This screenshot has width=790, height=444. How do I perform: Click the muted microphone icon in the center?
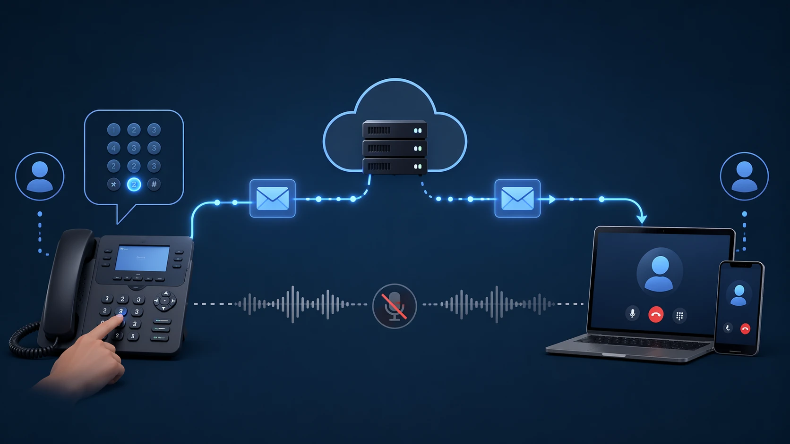point(395,306)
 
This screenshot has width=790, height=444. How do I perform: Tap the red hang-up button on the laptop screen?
point(656,314)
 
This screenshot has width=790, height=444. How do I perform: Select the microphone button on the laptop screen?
point(633,313)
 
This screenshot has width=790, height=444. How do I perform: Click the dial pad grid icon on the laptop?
point(679,316)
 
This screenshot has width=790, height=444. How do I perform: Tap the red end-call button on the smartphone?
point(745,328)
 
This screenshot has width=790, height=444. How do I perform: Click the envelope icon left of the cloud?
point(273,199)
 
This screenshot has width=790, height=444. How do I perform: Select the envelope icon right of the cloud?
point(517,199)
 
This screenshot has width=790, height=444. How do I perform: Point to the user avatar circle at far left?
point(40,176)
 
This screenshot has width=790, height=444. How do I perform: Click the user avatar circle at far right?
point(744,176)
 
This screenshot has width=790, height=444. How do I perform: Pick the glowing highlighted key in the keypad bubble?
point(134,184)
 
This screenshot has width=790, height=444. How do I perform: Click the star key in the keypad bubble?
point(113,184)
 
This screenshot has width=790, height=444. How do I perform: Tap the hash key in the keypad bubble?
point(154,184)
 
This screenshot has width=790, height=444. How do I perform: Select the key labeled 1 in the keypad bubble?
point(113,130)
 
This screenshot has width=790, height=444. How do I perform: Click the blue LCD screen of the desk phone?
point(142,258)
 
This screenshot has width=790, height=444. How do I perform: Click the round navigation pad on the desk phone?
point(164,301)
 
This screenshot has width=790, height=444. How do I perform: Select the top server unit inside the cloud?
point(395,130)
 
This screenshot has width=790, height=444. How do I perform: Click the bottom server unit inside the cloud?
point(395,166)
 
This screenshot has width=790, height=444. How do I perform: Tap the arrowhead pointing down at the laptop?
point(641,219)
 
